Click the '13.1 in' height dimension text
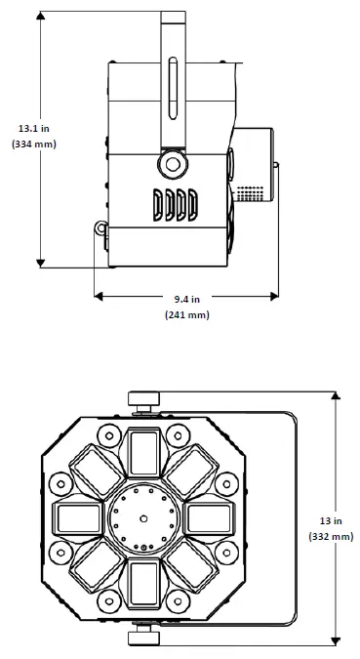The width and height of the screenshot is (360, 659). (33, 127)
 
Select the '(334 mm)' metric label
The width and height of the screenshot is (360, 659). (33, 144)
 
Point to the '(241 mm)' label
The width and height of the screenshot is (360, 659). (185, 314)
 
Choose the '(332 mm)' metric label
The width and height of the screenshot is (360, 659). (331, 536)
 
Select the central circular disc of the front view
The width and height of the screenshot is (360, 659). (143, 517)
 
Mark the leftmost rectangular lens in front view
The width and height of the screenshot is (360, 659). (80, 517)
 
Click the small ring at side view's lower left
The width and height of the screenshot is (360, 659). (100, 228)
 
